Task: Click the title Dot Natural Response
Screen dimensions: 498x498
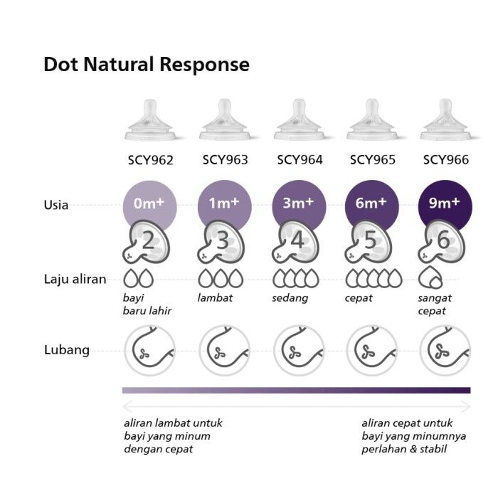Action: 147,65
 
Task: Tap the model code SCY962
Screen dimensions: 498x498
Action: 151,160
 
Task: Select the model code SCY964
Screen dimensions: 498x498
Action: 300,160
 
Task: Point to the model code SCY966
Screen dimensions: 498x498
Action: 446,160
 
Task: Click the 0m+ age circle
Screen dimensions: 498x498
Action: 149,203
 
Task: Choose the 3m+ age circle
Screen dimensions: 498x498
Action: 300,203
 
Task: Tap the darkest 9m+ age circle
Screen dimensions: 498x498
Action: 445,203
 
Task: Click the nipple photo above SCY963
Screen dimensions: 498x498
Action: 225,120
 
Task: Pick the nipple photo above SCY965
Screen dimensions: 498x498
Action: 372,120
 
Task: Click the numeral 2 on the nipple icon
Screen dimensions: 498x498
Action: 148,240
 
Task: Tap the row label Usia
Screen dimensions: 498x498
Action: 56,205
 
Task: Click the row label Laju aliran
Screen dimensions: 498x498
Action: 75,280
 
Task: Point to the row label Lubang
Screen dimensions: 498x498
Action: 67,350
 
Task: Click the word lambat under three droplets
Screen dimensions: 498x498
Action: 215,298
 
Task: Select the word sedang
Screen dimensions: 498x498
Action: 290,298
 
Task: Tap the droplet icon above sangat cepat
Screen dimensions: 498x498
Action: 430,277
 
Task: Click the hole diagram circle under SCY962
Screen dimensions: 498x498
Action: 149,350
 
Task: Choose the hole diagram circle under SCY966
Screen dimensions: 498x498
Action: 445,350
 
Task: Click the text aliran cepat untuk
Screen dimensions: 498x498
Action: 407,423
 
